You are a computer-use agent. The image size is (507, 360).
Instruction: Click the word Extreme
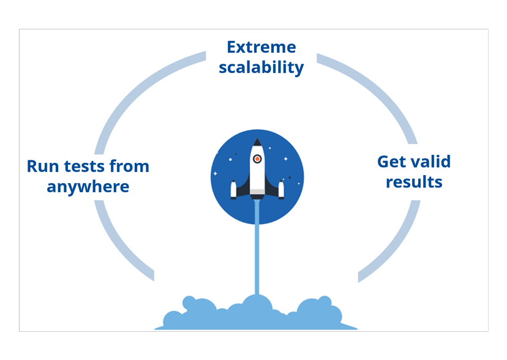point(261,47)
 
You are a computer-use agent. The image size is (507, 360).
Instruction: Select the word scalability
point(261,67)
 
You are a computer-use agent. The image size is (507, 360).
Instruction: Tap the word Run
point(43,166)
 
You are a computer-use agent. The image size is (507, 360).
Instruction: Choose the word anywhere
point(88,186)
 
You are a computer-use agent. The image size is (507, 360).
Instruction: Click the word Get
point(391,162)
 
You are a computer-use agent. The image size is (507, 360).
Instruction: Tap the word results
point(414,182)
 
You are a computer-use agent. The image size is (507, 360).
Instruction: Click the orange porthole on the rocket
point(257,159)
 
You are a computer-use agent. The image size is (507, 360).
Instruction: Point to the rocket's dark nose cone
point(257,143)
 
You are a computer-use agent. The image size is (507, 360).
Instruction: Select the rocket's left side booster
point(233,189)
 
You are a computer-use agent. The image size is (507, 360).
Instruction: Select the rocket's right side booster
point(281,189)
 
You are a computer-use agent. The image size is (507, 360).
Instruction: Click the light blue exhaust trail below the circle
point(257,257)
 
